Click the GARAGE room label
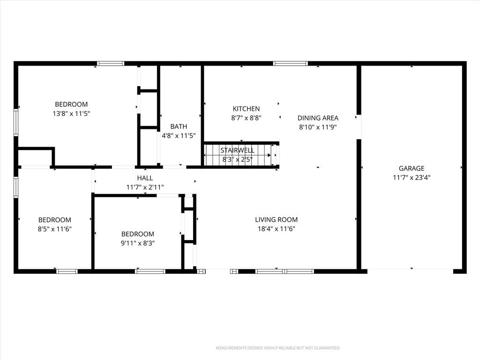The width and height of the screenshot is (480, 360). (x=412, y=168)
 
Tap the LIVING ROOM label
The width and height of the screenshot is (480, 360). (x=276, y=219)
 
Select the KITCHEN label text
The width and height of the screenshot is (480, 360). (x=246, y=109)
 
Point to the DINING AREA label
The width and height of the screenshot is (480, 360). (x=318, y=118)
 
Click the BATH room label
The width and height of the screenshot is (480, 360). (x=179, y=127)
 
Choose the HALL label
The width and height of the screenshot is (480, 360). (x=145, y=178)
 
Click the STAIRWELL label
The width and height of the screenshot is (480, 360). (x=237, y=150)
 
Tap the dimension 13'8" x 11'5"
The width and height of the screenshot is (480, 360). (x=71, y=113)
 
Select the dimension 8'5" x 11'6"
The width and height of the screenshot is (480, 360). (x=54, y=229)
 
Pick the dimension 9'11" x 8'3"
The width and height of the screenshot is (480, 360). (x=137, y=243)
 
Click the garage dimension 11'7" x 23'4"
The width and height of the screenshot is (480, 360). (x=412, y=178)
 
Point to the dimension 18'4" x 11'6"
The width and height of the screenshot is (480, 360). (x=276, y=229)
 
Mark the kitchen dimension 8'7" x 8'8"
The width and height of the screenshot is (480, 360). (x=246, y=118)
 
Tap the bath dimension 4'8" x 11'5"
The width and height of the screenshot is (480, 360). (x=179, y=135)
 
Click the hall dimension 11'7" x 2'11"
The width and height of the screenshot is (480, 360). (x=145, y=187)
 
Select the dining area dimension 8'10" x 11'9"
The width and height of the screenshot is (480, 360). (x=318, y=127)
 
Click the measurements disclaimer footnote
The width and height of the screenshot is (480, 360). (x=278, y=348)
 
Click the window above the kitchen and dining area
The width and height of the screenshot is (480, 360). (x=291, y=63)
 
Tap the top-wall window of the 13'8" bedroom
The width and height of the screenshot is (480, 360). (x=111, y=63)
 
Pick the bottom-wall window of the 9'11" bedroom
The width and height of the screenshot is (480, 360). (x=150, y=271)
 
